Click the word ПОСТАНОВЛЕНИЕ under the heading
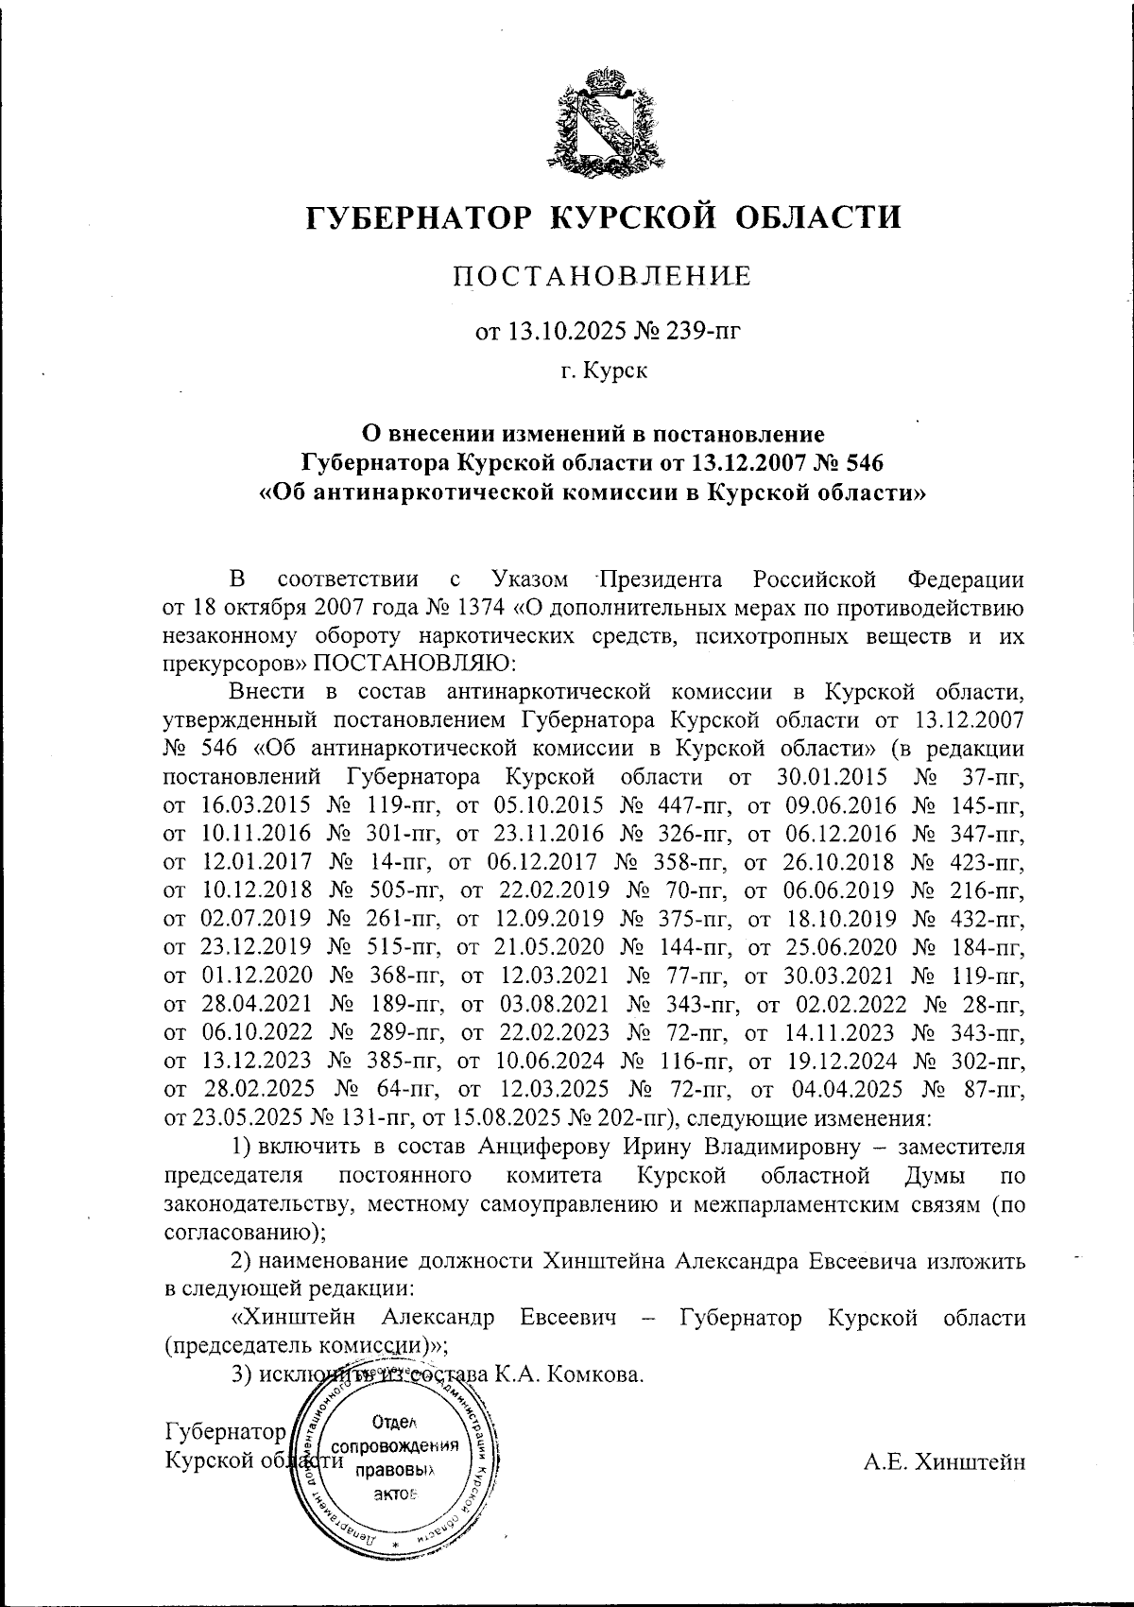click(603, 278)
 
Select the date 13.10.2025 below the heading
click(547, 331)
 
